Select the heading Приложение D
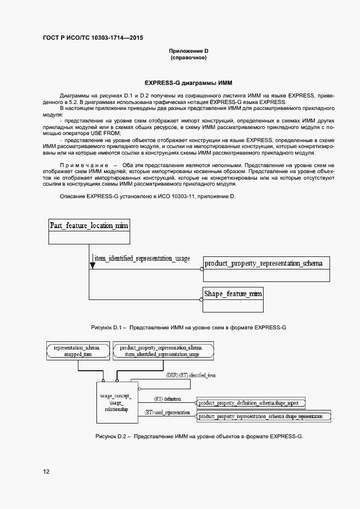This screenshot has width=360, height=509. tap(188, 51)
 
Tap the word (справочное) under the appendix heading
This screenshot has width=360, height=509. tap(188, 57)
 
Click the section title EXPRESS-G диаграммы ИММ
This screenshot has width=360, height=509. tap(188, 83)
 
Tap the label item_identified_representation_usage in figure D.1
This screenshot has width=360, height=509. tap(142, 258)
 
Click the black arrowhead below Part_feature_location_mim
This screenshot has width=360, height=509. tap(93, 266)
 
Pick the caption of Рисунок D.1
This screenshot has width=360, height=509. tap(188, 327)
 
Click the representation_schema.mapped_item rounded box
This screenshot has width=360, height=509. tap(77, 351)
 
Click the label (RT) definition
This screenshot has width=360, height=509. tap(167, 398)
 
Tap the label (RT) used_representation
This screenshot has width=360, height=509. tap(167, 412)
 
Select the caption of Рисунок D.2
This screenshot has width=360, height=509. tap(199, 437)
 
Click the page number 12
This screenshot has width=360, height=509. tap(46, 471)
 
